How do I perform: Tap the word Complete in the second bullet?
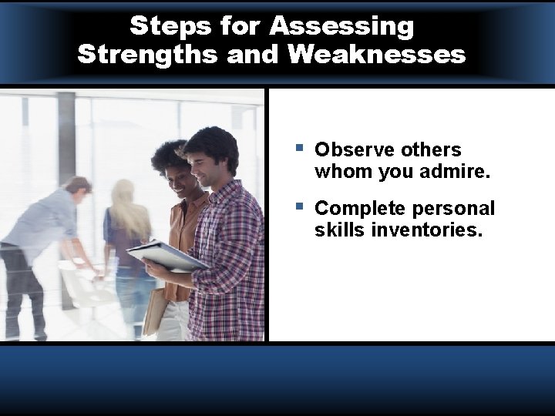point(357,209)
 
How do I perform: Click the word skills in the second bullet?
point(339,230)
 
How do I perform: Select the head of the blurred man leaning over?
point(78,186)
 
